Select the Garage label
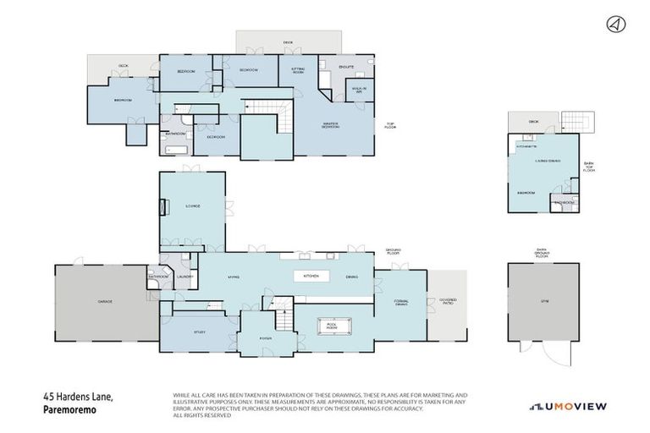tap(105, 301)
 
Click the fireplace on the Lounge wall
tap(164, 206)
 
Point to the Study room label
tap(200, 332)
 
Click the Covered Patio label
tap(446, 302)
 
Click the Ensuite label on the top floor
tap(345, 66)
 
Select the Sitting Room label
tap(299, 71)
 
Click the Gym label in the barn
tap(543, 302)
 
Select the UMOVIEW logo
tap(568, 407)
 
